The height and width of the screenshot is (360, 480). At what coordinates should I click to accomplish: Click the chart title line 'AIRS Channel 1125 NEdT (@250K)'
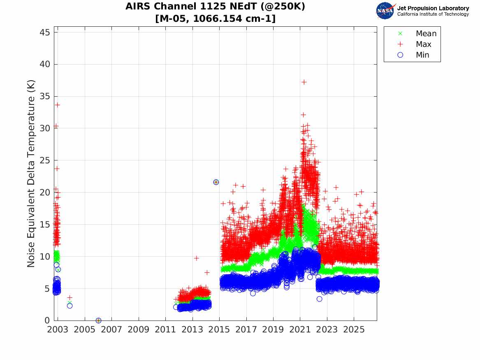tap(215, 7)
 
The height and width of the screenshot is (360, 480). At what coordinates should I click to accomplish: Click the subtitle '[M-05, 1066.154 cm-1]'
tap(215, 19)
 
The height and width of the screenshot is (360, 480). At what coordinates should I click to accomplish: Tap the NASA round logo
tap(385, 11)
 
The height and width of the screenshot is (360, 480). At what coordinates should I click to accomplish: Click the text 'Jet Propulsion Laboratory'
tap(433, 8)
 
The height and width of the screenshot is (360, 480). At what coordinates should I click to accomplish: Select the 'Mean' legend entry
tap(418, 33)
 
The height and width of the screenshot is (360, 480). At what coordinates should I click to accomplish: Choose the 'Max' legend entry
tap(415, 44)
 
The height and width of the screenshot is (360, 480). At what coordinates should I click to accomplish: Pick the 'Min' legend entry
tap(413, 55)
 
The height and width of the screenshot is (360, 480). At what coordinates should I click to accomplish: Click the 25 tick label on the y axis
tap(44, 160)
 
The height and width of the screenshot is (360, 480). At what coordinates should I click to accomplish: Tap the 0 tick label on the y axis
tap(47, 320)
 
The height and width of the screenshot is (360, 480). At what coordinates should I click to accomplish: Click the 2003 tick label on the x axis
tap(58, 330)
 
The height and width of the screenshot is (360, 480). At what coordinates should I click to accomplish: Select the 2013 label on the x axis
tap(192, 330)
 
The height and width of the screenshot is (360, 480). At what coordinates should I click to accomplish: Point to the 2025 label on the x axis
tap(354, 330)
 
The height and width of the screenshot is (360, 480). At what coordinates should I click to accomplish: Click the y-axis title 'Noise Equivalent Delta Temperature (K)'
tap(31, 174)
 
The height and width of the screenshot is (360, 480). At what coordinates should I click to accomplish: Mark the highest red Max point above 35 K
tap(304, 82)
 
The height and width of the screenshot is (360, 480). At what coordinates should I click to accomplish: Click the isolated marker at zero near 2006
tap(98, 321)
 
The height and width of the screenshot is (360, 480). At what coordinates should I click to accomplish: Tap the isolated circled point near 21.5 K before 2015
tap(216, 182)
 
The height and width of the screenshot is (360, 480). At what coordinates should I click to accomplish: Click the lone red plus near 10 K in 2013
tap(197, 258)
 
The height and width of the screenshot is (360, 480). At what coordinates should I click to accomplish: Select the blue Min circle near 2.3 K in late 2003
tap(70, 306)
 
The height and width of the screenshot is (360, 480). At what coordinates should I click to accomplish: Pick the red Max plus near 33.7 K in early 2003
tap(57, 105)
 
